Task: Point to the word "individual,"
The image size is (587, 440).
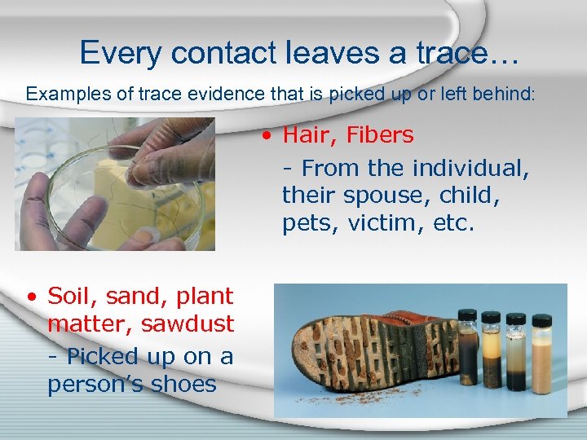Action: (x=471, y=168)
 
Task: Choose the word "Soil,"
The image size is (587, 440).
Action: (x=74, y=296)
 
